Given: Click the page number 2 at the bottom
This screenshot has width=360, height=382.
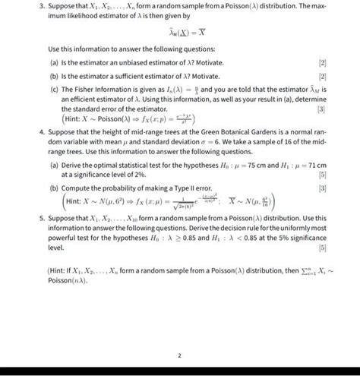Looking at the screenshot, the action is [179, 355].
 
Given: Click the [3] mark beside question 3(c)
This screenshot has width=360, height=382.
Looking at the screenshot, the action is [321, 111].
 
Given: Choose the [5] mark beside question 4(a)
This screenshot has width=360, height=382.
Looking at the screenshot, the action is [321, 175].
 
